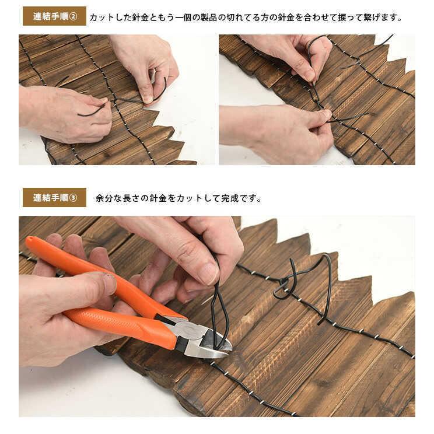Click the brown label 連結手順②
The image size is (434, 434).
54,16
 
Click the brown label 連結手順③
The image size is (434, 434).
54,198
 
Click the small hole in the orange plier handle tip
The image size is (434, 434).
30,239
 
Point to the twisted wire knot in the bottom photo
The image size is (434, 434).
285,285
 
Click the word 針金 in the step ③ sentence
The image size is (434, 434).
158,198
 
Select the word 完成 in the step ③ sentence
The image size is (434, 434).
230,198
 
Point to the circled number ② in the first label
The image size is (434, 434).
73,16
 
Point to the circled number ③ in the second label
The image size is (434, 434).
73,198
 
